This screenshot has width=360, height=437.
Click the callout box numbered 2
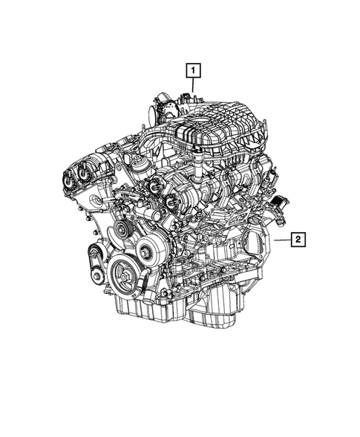coord(297,240)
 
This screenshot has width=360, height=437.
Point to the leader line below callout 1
coord(193,85)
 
